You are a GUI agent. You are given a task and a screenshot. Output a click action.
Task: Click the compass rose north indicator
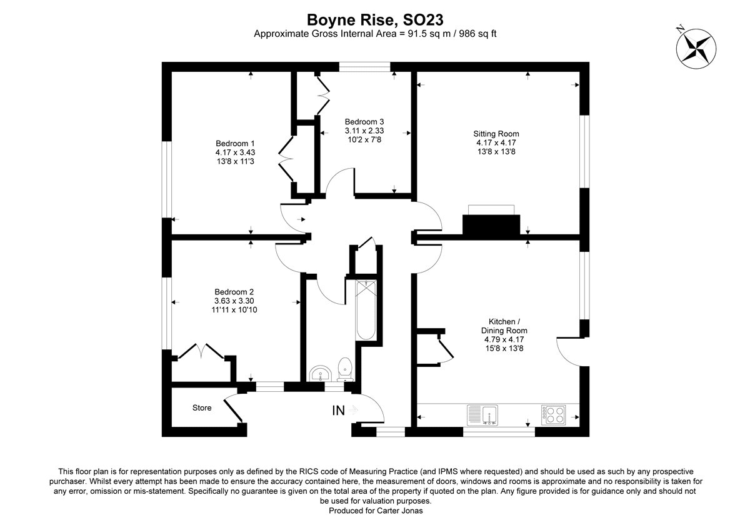(x=694, y=46)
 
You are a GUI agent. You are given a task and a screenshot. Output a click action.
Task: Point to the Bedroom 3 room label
(x=364, y=122)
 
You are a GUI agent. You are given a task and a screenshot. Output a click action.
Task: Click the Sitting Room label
(x=496, y=134)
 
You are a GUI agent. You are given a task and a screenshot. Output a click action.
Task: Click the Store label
(x=201, y=408)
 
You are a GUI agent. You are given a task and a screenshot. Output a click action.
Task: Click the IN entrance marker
(x=338, y=411)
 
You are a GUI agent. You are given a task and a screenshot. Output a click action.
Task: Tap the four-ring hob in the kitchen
(x=553, y=415)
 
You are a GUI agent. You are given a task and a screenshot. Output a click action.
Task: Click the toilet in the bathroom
(x=345, y=369)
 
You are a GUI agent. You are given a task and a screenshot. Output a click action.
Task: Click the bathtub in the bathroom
(x=366, y=311)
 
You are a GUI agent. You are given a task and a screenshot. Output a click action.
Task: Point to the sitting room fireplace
(x=491, y=223)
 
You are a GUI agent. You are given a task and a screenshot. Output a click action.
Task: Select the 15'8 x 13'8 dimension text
(x=504, y=348)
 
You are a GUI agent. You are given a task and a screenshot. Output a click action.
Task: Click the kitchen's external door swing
(x=567, y=350)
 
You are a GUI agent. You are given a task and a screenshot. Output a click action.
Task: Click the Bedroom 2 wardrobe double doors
(x=201, y=351)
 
